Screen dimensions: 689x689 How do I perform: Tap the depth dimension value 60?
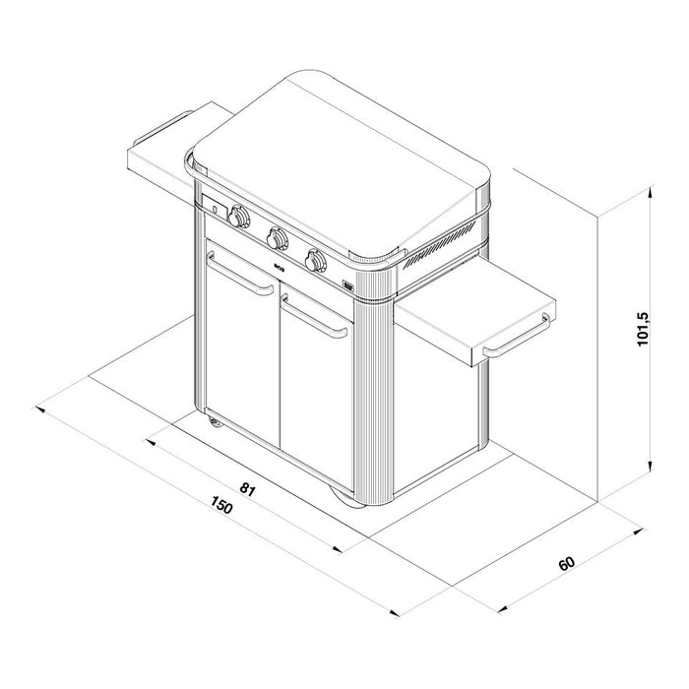click(x=566, y=564)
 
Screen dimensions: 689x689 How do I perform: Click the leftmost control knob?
click(x=239, y=216)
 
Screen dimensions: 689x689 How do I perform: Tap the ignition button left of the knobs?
click(x=214, y=208)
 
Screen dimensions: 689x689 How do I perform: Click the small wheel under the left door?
click(x=216, y=423)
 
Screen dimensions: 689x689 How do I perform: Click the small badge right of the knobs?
click(x=348, y=288)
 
